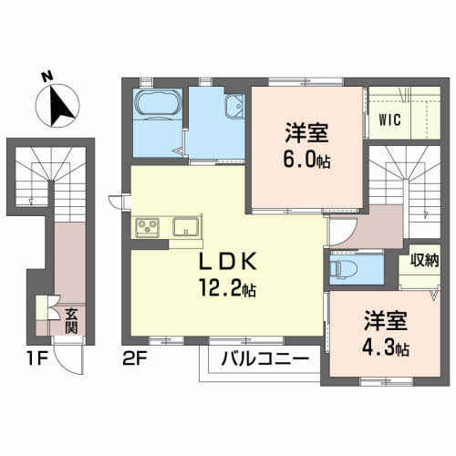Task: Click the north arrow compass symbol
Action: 59,107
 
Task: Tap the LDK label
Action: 231,262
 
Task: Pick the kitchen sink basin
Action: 187,228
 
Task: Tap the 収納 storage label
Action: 426,261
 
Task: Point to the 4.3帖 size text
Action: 387,347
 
